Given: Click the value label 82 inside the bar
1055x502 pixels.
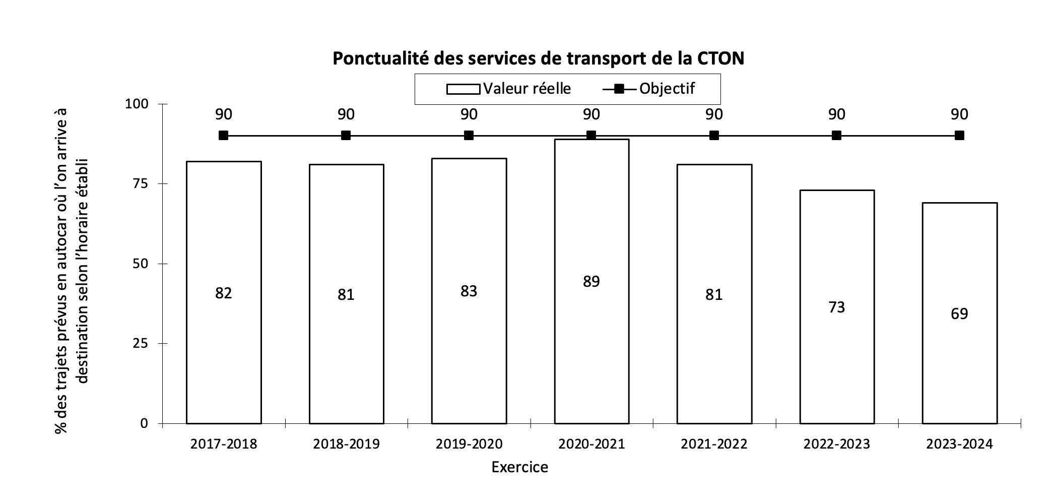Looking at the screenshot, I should click(x=224, y=293).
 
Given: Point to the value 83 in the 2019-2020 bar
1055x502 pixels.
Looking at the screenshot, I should click(x=469, y=291).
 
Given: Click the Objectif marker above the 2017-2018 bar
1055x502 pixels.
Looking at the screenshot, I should click(x=224, y=136).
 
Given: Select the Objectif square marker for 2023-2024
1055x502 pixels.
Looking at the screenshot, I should click(x=959, y=136).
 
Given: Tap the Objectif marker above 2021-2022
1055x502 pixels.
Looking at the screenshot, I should click(x=714, y=136).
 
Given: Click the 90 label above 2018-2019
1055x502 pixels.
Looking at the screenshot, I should click(x=346, y=114).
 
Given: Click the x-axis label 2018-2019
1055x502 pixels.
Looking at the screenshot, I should click(x=346, y=444).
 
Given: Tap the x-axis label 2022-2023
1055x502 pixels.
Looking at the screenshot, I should click(x=837, y=444).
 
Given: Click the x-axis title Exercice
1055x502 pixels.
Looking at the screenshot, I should click(x=519, y=467).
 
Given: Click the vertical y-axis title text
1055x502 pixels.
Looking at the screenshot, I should click(x=71, y=270).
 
